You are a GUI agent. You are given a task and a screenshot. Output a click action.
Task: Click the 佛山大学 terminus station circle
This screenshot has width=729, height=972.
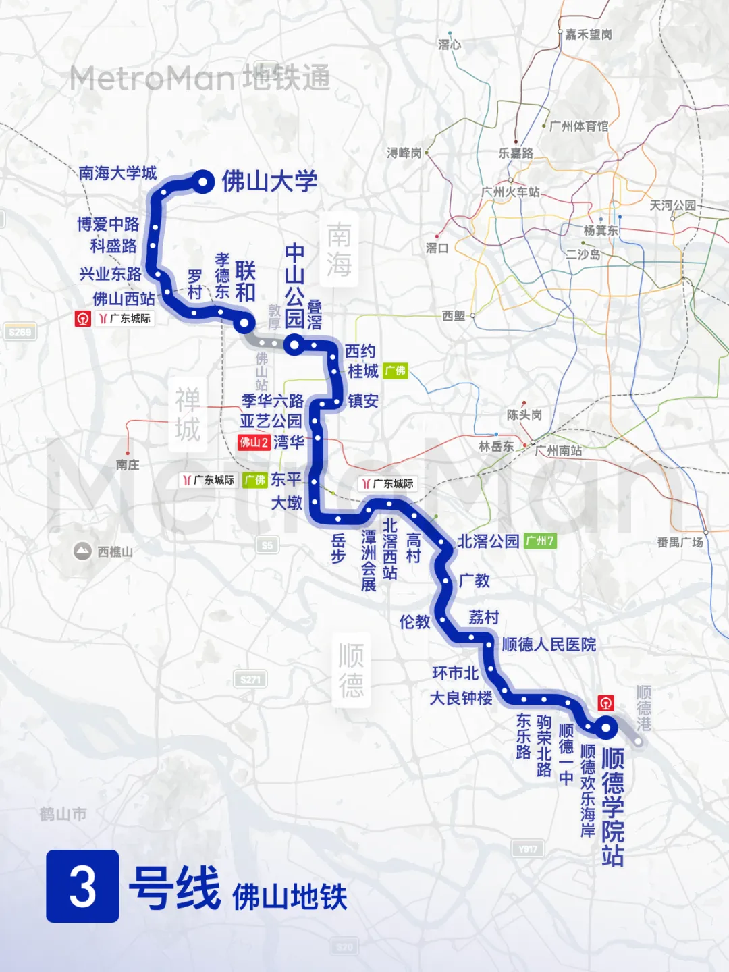click(x=202, y=181)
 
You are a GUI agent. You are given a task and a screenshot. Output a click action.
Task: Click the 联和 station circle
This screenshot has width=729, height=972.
click(x=244, y=324)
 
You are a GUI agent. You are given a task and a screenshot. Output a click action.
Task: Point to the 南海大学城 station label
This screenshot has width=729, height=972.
click(x=117, y=173)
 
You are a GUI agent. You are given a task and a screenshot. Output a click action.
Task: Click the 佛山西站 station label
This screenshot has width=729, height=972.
click(x=124, y=298)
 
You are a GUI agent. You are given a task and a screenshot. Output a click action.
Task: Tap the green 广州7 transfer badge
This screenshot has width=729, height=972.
click(x=540, y=541)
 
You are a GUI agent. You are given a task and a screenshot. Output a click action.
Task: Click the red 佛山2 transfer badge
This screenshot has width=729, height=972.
click(x=254, y=443)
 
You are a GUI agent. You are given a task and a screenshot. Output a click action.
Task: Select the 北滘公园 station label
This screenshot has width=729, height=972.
click(x=488, y=541)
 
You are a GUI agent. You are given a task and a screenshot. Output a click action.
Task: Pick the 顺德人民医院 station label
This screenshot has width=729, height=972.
click(x=549, y=645)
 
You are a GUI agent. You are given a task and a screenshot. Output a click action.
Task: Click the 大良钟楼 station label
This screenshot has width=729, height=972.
click(x=461, y=698)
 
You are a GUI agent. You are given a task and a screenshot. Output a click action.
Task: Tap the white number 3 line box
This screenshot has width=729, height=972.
click(x=82, y=886)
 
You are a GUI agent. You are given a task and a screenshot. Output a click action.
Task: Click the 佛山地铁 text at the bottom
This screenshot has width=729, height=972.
click(x=290, y=897)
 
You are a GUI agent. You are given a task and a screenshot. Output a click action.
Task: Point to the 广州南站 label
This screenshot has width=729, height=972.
click(x=558, y=450)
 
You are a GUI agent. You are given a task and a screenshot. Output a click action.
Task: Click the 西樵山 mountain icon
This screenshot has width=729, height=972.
click(x=82, y=551)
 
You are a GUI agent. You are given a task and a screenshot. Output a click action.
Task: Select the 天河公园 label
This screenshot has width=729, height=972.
click(x=672, y=205)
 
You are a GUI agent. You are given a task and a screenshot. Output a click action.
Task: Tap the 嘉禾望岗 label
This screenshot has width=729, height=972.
click(x=589, y=34)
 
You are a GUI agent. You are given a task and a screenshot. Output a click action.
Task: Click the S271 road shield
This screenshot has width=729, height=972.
click(x=250, y=680)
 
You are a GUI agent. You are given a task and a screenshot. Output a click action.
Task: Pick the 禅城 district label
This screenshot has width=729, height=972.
click(x=188, y=414)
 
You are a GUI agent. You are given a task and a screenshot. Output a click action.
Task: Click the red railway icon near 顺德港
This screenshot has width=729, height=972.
click(x=606, y=703)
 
